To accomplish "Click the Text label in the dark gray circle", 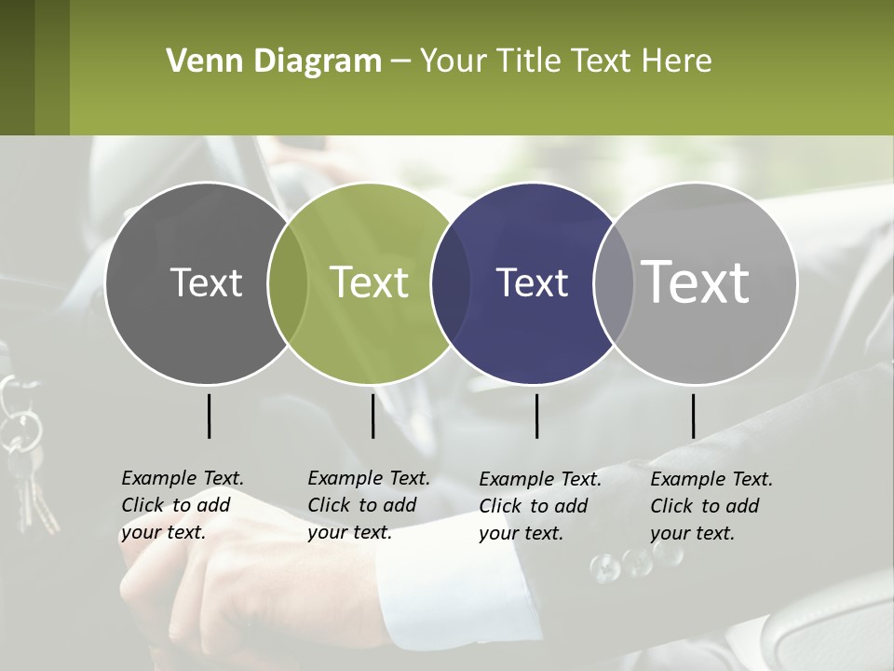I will pyautogui.click(x=206, y=282).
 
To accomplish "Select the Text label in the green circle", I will pyautogui.click(x=369, y=282).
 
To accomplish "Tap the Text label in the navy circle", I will pyautogui.click(x=532, y=282).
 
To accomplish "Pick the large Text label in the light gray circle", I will pyautogui.click(x=696, y=282).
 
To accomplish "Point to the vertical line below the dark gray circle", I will pyautogui.click(x=209, y=416).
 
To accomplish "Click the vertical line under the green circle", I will pyautogui.click(x=372, y=416).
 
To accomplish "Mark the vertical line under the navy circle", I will pyautogui.click(x=536, y=416).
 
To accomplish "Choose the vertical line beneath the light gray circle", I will pyautogui.click(x=693, y=416).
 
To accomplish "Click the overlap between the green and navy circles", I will pyautogui.click(x=451, y=282).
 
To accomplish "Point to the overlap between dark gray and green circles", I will pyautogui.click(x=288, y=282).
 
